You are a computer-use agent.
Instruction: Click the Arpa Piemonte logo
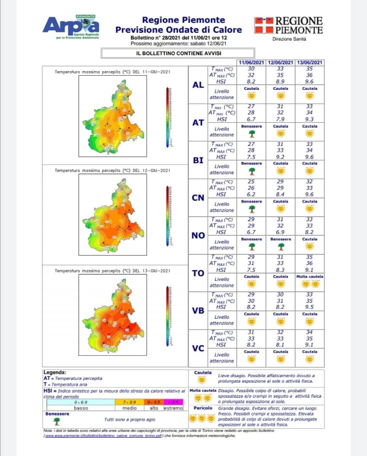[71, 26]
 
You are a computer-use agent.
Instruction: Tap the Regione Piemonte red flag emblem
[264, 26]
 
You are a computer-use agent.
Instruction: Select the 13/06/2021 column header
[310, 62]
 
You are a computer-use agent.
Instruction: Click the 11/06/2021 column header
[251, 62]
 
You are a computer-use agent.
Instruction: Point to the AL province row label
[198, 85]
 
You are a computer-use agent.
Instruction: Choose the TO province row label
[198, 274]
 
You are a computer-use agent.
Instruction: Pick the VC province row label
[198, 349]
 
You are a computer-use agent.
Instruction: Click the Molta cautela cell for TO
[310, 281]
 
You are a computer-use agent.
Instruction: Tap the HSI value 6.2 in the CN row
[251, 194]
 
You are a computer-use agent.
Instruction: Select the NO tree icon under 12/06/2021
[280, 246]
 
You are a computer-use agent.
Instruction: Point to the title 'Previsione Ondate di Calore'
[178, 30]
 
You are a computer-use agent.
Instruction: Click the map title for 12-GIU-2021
[112, 171]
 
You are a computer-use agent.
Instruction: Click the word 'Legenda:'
[55, 373]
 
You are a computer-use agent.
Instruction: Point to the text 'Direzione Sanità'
[289, 39]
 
